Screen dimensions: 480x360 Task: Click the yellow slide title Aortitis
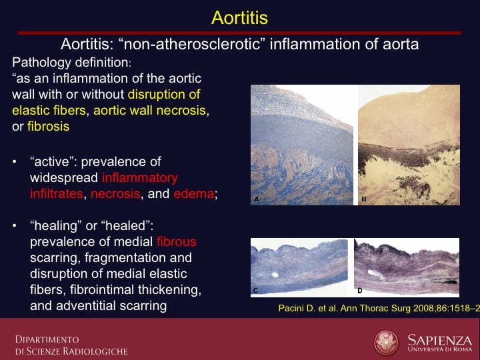tap(239, 17)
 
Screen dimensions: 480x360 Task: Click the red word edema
tap(194, 193)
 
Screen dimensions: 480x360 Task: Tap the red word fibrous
tap(176, 241)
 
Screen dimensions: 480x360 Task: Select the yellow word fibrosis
tap(49, 126)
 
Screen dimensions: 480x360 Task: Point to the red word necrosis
tap(115, 193)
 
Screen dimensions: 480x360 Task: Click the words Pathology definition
tap(71, 63)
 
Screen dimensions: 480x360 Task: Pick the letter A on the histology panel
tap(257, 199)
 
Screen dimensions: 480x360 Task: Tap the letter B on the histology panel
tap(364, 199)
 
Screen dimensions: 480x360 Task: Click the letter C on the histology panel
tap(255, 291)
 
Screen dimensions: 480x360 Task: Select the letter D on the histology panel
tap(360, 291)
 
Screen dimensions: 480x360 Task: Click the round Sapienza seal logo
tap(386, 343)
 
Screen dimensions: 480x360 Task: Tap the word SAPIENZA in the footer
tap(440, 340)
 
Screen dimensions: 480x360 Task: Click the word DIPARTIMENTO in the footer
tap(47, 339)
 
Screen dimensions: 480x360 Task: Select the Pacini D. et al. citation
tap(379, 308)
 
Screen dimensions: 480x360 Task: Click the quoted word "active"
tap(53, 161)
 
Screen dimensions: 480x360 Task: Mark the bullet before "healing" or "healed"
tap(15, 225)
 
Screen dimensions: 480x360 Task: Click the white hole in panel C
tap(275, 275)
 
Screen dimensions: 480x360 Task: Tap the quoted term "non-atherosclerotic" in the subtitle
tap(191, 44)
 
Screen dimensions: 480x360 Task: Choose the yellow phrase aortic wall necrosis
tap(149, 110)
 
